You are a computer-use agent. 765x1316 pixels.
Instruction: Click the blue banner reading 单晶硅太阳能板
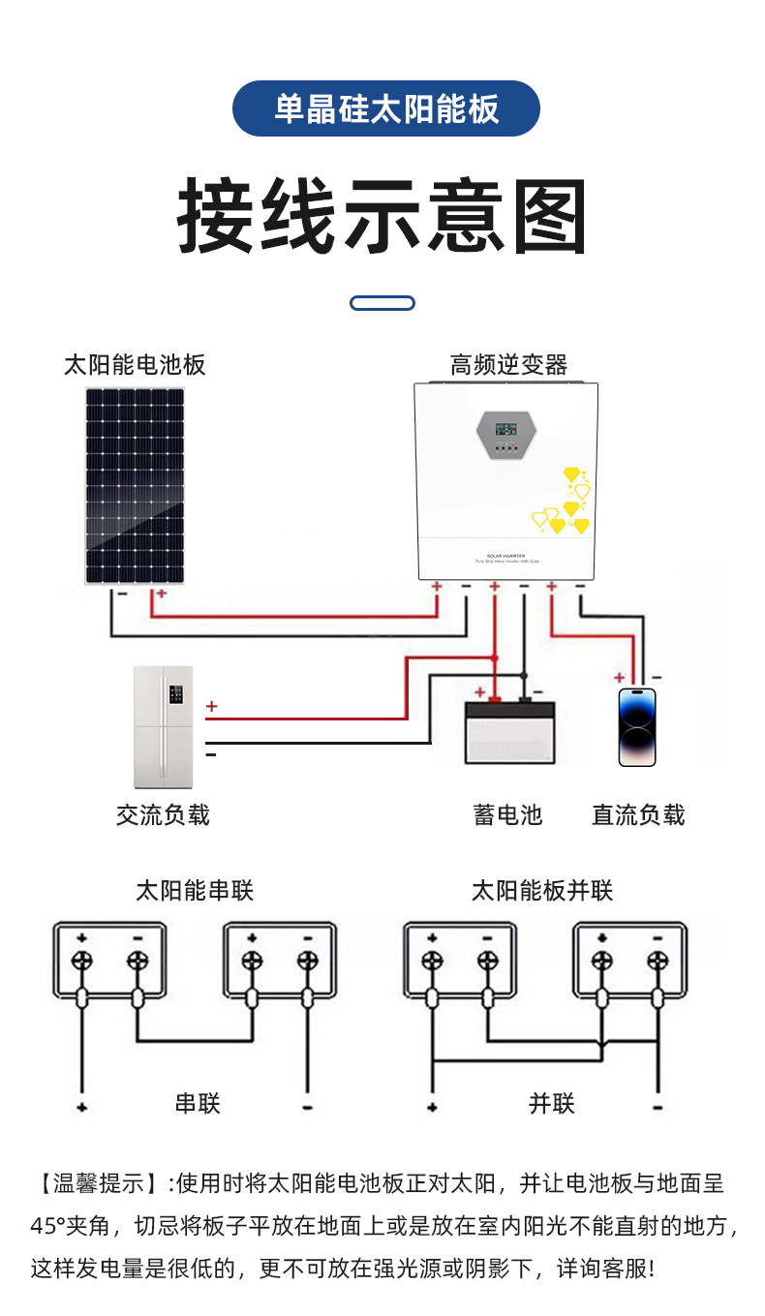click(385, 108)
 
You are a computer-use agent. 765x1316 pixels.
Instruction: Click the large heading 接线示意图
click(382, 217)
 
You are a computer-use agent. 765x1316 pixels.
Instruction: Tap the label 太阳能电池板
click(135, 365)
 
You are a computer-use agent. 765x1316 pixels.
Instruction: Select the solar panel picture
click(135, 485)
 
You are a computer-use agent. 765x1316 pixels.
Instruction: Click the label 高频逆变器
click(508, 365)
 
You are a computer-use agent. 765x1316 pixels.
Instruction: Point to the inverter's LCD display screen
click(505, 428)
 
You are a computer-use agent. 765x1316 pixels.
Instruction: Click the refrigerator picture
click(164, 726)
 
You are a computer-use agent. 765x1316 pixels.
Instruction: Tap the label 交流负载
click(163, 815)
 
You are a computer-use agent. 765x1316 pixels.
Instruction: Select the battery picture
click(509, 732)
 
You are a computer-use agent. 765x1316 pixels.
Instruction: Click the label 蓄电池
click(507, 815)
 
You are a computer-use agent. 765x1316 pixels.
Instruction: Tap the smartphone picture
click(637, 727)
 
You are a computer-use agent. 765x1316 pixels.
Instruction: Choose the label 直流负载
click(638, 815)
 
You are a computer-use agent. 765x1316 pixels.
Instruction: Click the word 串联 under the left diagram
click(198, 1103)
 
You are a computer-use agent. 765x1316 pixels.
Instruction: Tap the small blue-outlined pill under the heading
click(382, 303)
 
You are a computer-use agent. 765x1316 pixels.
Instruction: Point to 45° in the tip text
click(49, 1226)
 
